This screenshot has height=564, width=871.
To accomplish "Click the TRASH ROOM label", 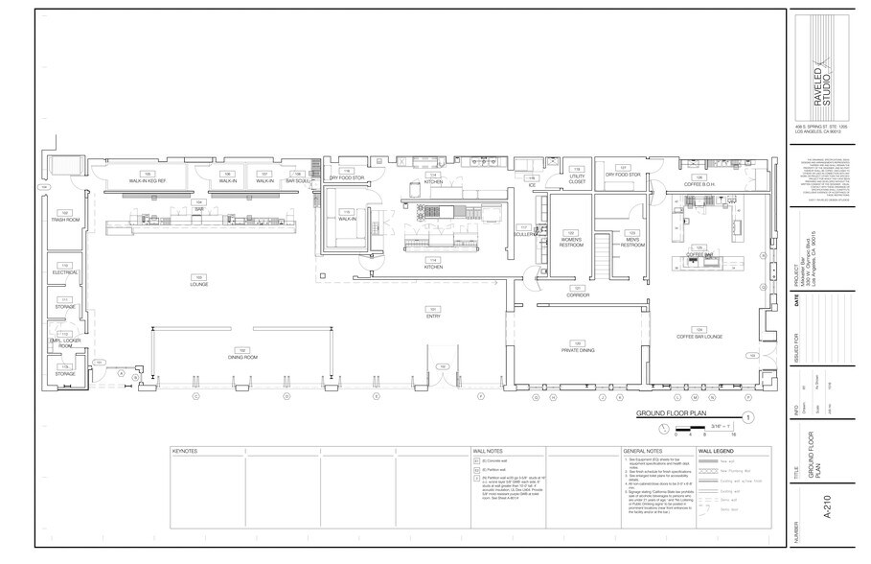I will tap(65, 220).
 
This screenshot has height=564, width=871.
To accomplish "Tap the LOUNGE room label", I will tap(198, 284).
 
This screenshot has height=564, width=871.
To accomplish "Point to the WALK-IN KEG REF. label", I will tap(149, 180).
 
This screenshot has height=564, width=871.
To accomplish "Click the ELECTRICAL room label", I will tap(65, 272).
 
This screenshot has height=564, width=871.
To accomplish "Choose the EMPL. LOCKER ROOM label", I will tap(63, 342).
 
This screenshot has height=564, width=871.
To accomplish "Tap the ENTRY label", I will tap(432, 317).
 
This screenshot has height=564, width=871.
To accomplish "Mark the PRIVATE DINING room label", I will tap(578, 350).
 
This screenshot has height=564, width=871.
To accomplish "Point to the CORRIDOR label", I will tap(578, 295).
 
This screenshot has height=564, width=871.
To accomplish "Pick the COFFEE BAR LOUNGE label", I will tap(699, 336).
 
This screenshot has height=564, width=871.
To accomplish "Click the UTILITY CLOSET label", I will tap(577, 178).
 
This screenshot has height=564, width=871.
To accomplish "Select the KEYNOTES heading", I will tap(185, 449).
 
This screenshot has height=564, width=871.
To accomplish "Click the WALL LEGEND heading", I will tap(717, 449).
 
